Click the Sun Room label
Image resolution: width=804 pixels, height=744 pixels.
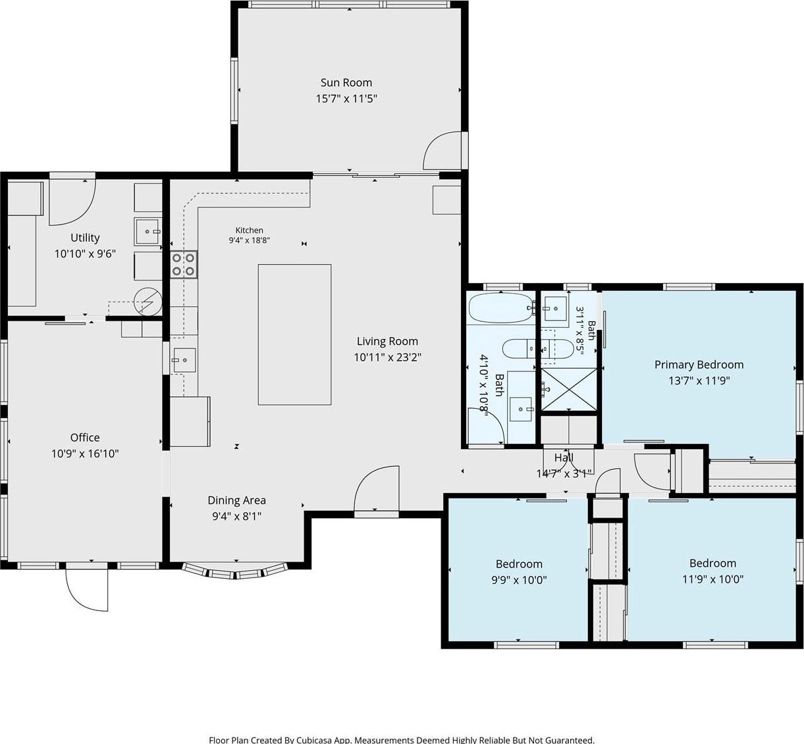pyautogui.click(x=346, y=82)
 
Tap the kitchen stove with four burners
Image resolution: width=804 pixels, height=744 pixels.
pyautogui.click(x=184, y=264)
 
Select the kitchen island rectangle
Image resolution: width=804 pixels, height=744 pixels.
pyautogui.click(x=295, y=334)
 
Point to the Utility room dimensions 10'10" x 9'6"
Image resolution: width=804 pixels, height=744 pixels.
pyautogui.click(x=85, y=253)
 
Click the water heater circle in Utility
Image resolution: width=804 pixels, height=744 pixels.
pyautogui.click(x=148, y=302)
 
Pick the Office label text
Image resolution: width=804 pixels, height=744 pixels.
pyautogui.click(x=85, y=437)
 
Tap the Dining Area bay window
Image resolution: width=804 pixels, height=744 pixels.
pyautogui.click(x=236, y=571)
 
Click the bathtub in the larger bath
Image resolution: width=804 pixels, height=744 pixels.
pyautogui.click(x=501, y=307)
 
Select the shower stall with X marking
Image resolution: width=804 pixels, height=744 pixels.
pyautogui.click(x=569, y=389)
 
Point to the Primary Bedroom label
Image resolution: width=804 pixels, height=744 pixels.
pyautogui.click(x=699, y=365)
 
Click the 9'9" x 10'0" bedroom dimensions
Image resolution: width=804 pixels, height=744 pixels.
pyautogui.click(x=519, y=580)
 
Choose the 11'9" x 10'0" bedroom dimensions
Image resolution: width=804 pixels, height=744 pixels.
pyautogui.click(x=713, y=579)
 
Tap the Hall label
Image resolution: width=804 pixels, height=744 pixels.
pyautogui.click(x=564, y=458)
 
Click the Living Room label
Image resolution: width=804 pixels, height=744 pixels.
pyautogui.click(x=387, y=341)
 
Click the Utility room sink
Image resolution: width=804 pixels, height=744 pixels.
pyautogui.click(x=147, y=232)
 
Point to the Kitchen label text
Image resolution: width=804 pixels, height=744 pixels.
pyautogui.click(x=250, y=230)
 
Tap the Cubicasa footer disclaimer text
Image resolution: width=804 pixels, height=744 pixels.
pyautogui.click(x=402, y=739)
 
